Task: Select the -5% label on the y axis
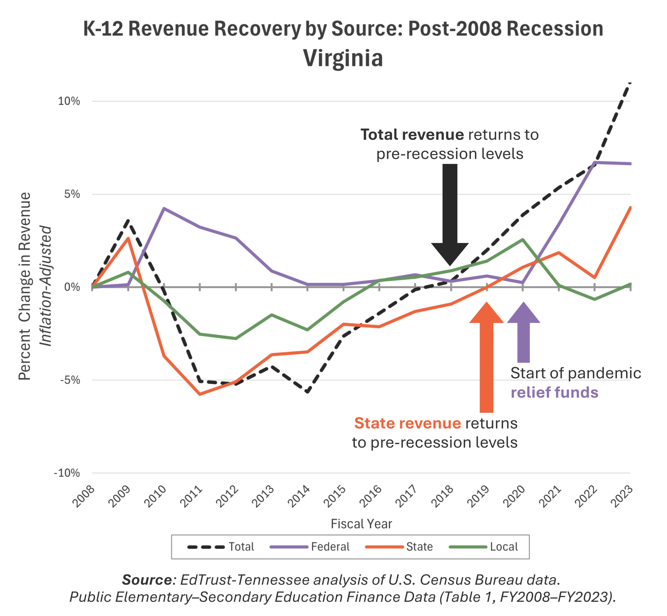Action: pos(70,380)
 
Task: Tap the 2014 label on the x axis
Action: pos(299,496)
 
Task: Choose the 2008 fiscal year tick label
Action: pos(84,496)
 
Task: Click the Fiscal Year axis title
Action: pos(361,524)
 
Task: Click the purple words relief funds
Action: pos(554,392)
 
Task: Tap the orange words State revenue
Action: pos(407,423)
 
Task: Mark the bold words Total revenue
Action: pos(412,135)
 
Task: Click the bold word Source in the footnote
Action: pos(147,580)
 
